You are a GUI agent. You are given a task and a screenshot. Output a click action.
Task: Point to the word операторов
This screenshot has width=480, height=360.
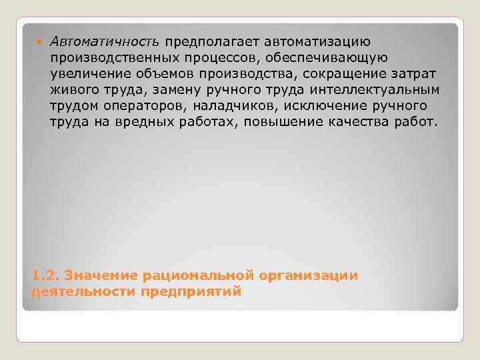133,106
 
